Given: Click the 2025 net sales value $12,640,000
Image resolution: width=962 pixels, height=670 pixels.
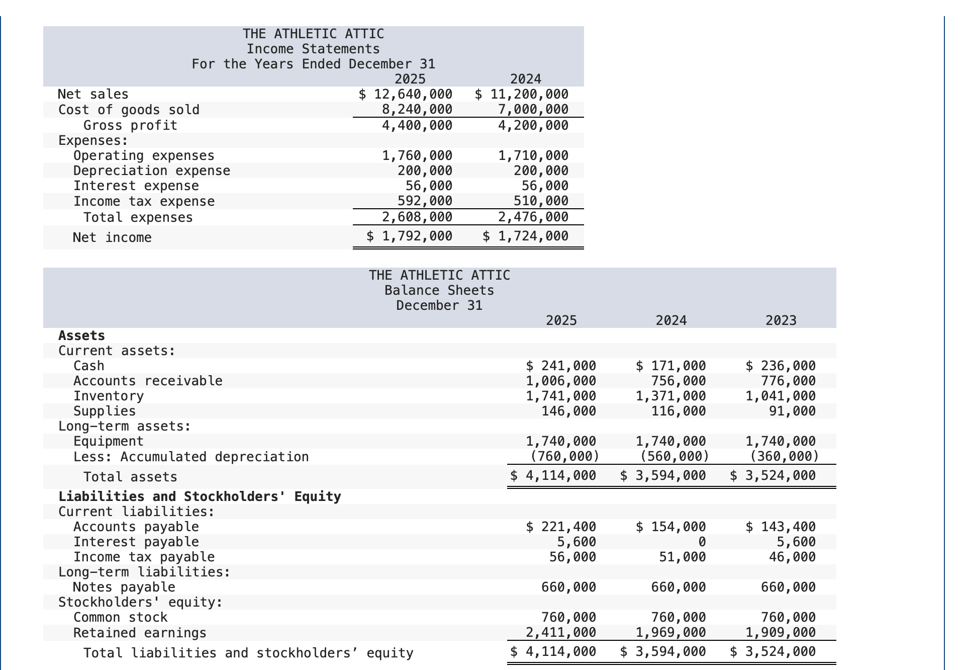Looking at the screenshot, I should pos(406,94).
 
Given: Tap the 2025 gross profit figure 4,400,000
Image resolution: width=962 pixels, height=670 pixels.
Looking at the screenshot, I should pos(417,125).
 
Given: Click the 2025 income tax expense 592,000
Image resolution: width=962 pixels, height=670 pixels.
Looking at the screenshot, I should pos(425,201).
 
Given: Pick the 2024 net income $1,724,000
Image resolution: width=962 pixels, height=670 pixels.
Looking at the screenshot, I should pos(525,236).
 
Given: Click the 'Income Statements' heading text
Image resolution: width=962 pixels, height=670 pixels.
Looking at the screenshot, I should pos(313,49).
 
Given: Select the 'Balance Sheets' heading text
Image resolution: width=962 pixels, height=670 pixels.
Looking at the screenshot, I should pos(439,290).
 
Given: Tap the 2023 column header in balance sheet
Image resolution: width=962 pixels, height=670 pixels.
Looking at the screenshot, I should pos(781,320).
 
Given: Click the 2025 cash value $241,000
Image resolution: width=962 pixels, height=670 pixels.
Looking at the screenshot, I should pos(560,366).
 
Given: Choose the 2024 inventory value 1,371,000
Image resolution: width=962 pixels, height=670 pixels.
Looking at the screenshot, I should pos(670,396).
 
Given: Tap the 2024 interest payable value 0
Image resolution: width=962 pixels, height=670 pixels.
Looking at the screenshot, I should pos(702,542).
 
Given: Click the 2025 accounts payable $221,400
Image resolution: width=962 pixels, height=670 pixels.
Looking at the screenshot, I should pos(560,527).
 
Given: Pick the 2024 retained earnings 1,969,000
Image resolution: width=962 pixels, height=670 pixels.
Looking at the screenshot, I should pos(670,632).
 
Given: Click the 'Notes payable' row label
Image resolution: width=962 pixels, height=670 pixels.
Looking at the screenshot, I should pos(124,587).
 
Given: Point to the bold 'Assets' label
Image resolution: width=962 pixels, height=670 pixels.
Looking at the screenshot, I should pos(81,336).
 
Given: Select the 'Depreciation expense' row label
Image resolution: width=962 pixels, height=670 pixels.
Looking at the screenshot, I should pos(152,171).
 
